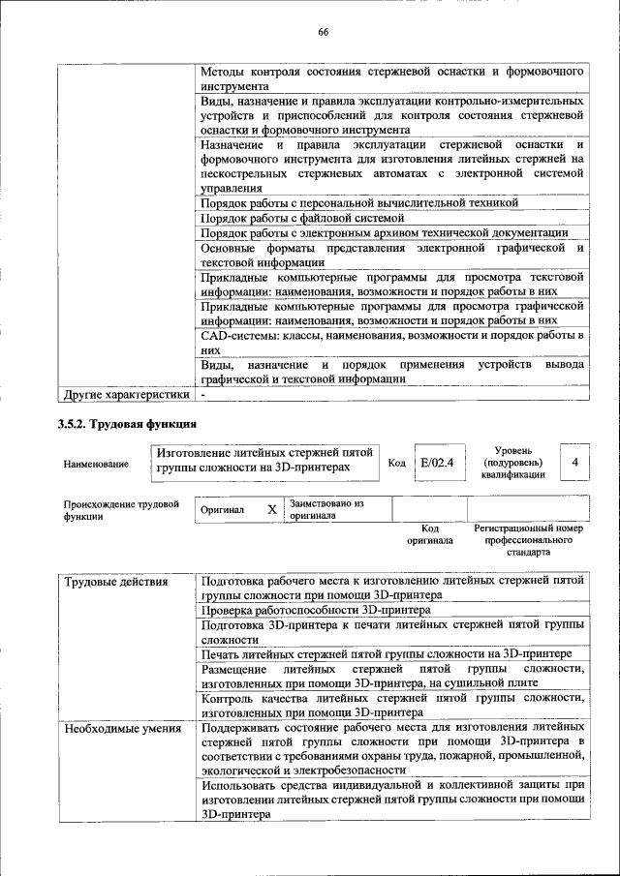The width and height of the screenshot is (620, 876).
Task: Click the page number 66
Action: coord(324,33)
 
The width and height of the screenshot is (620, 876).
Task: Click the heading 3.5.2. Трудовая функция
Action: coord(128,424)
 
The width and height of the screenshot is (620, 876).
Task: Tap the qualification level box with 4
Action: coord(574,463)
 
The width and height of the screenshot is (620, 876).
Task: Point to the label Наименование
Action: coord(96,465)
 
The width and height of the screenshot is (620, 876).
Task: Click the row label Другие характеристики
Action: coord(126,395)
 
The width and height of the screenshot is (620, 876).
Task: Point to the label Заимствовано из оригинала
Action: coord(325,509)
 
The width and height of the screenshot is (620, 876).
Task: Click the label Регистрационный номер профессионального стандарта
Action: coord(528,540)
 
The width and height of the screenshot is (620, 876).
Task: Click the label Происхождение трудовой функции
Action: coord(122,509)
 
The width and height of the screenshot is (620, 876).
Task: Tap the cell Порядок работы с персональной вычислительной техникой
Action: coord(359,202)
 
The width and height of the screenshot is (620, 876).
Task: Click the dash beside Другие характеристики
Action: coord(204,395)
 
